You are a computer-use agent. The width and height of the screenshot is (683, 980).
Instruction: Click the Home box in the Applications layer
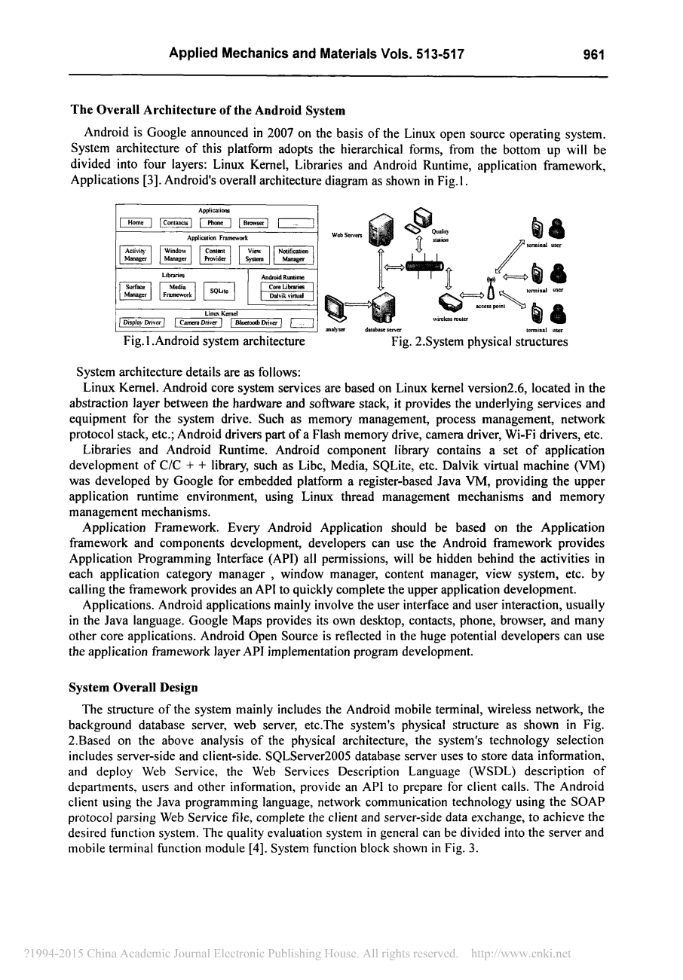(136, 223)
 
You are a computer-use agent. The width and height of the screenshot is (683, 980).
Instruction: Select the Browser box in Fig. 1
(253, 223)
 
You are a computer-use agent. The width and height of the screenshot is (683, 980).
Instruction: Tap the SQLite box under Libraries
(219, 291)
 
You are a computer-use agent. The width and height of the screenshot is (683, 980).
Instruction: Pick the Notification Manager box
(293, 255)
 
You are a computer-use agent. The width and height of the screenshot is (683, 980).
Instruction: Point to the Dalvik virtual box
(286, 297)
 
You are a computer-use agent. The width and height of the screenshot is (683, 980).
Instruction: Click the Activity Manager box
(136, 255)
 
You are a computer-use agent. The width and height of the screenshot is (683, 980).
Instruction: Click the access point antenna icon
(492, 288)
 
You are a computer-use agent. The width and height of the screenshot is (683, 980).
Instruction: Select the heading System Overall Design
(134, 687)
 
